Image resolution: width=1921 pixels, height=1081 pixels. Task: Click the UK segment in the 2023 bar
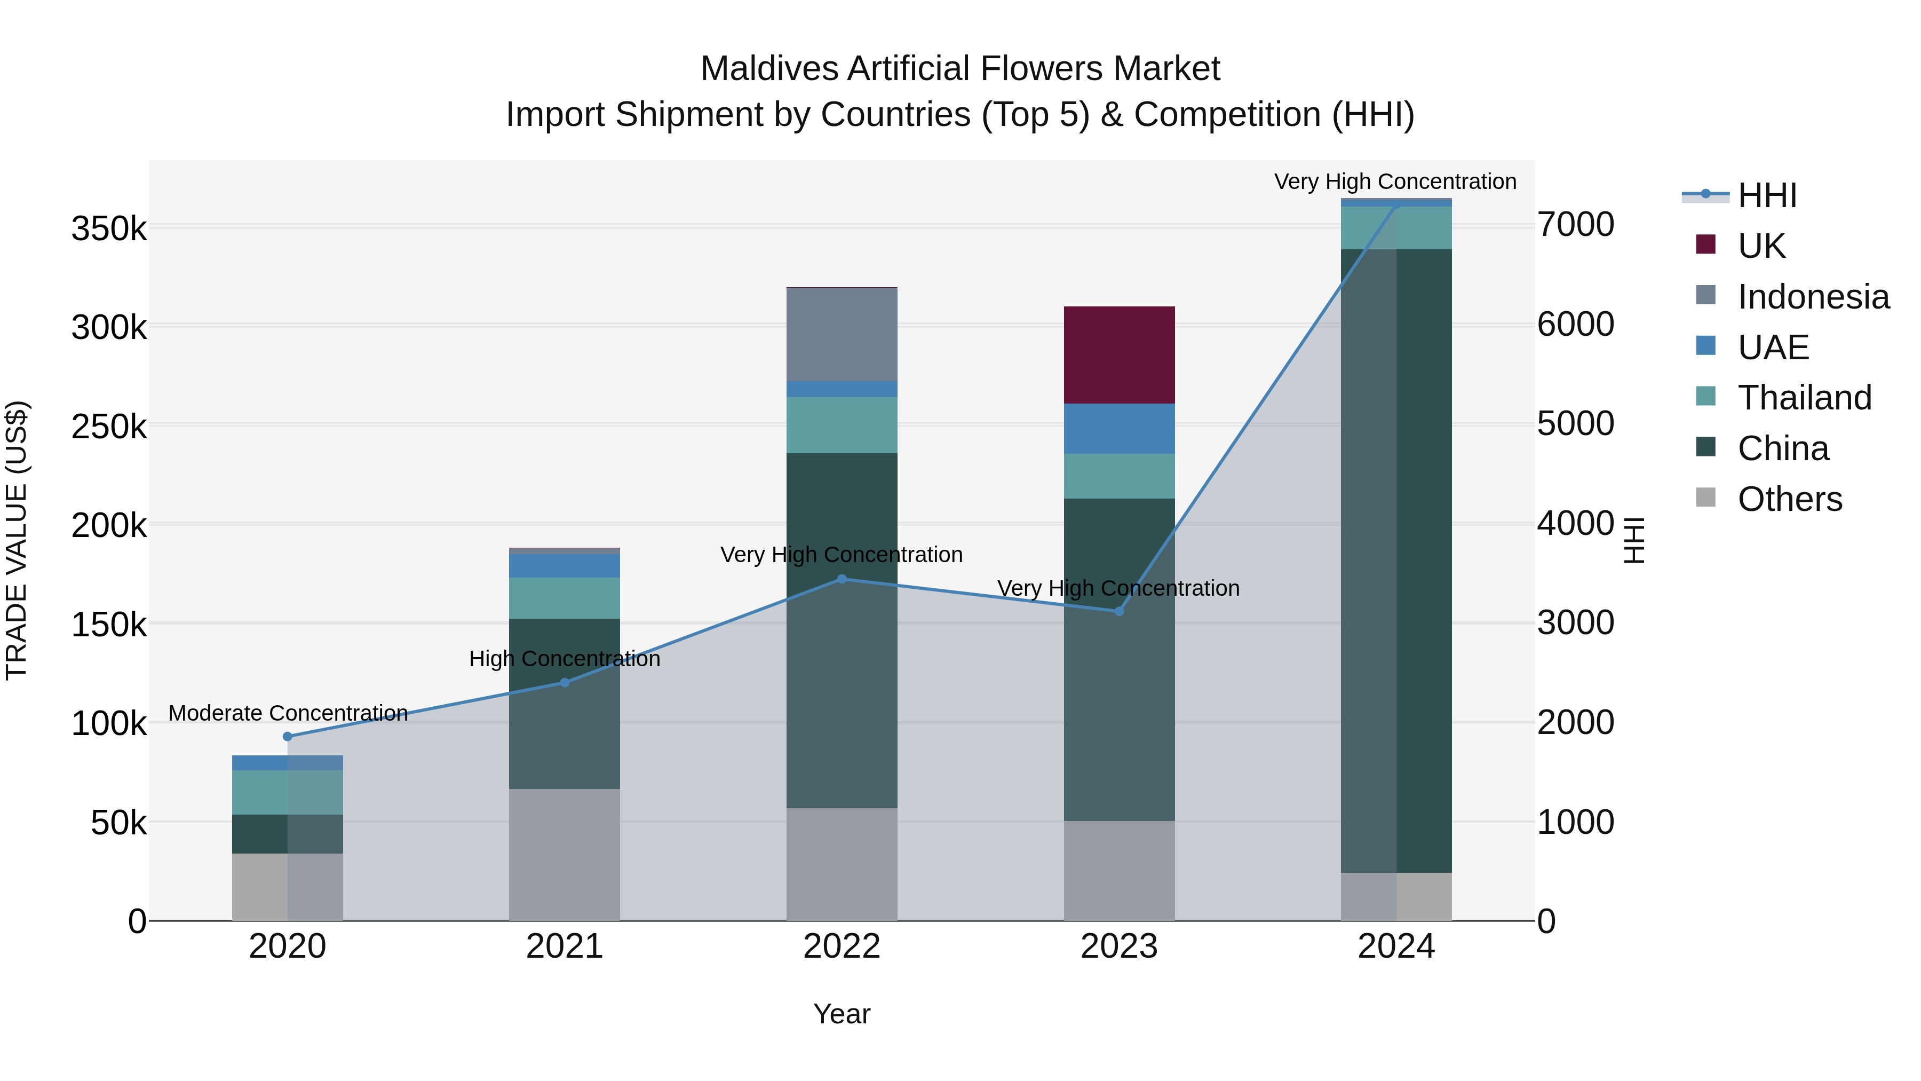[x=1118, y=355]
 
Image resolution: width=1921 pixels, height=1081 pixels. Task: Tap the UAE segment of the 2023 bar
[x=1118, y=429]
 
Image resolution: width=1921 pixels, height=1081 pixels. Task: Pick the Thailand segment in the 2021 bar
[x=565, y=598]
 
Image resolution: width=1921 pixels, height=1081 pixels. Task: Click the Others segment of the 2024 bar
[x=1396, y=897]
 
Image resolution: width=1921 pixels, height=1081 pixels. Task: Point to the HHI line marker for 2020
[x=288, y=736]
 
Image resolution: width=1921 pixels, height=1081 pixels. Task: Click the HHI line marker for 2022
[x=842, y=579]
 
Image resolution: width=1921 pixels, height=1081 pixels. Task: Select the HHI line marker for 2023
[x=1118, y=612]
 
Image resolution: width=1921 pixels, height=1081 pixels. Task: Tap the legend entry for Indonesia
[x=1813, y=297]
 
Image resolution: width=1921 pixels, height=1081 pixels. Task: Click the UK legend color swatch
[x=1705, y=244]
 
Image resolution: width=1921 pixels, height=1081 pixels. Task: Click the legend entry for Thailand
[x=1804, y=398]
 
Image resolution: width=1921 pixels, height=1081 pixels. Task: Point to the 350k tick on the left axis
[x=109, y=229]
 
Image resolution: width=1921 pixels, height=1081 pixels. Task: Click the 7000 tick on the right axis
[x=1576, y=225]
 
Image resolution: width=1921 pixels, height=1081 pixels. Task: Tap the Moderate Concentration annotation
[x=288, y=713]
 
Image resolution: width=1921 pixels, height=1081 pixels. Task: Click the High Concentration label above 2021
[x=565, y=659]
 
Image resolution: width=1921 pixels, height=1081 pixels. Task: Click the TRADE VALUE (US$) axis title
[x=17, y=540]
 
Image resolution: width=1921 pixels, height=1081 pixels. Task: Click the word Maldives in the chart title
[x=769, y=69]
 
